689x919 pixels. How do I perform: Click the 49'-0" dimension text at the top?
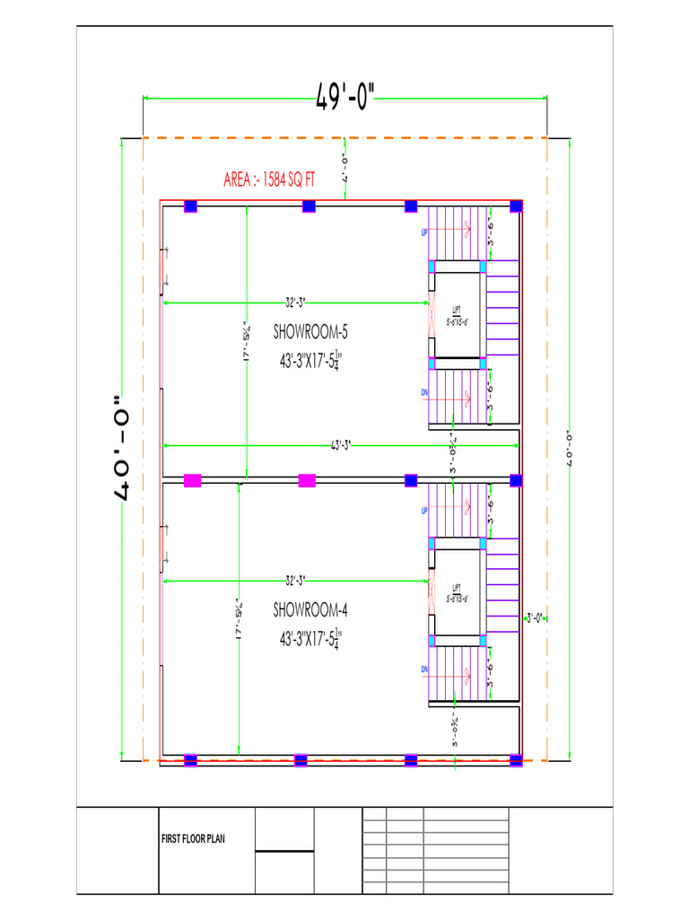point(345,96)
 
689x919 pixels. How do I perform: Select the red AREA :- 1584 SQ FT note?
point(269,179)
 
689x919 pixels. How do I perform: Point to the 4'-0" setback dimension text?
point(344,168)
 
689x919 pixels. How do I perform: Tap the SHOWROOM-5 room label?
point(310,332)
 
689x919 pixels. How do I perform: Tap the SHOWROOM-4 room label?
point(310,610)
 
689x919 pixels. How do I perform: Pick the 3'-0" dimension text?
point(535,617)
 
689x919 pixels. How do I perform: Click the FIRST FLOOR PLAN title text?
point(193,839)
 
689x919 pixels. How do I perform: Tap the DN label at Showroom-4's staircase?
point(424,670)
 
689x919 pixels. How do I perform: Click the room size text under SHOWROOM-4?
point(310,640)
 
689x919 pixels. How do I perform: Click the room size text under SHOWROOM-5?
point(310,361)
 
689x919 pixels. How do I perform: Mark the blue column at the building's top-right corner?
point(516,206)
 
